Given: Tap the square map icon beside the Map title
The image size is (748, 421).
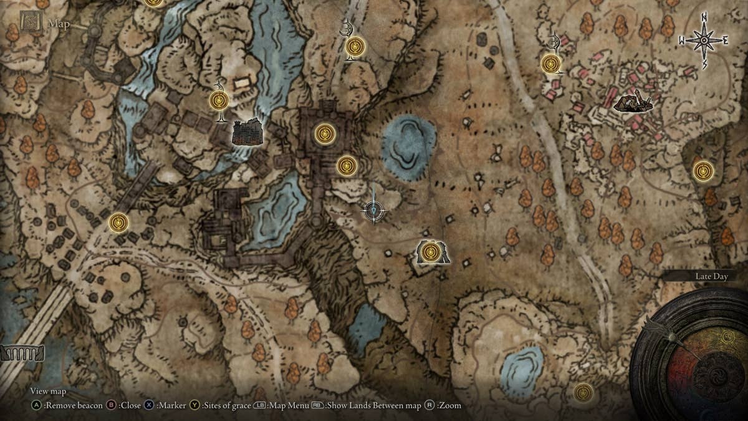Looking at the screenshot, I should [30, 22].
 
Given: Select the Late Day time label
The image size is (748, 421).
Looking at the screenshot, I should [712, 276].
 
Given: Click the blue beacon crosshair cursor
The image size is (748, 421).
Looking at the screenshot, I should [373, 211].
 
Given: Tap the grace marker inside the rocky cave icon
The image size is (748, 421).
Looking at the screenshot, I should [429, 252].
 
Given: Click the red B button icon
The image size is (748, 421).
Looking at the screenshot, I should [112, 405].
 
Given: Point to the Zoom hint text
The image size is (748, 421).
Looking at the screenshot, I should [448, 405].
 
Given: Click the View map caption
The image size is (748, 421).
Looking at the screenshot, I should [48, 391].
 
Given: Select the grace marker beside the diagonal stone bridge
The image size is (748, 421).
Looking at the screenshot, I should [118, 221].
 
